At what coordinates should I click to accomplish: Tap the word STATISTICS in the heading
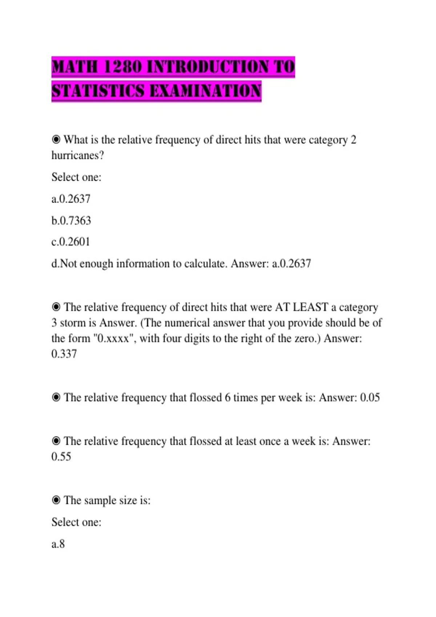tap(98, 91)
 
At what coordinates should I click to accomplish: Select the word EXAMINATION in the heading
tap(205, 91)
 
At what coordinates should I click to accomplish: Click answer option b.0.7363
tap(71, 220)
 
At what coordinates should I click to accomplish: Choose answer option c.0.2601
tap(71, 242)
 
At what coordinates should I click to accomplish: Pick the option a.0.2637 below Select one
tap(71, 199)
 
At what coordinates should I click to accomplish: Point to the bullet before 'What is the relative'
tap(56, 139)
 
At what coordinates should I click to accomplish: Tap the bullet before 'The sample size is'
tap(56, 500)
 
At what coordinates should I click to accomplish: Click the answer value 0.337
tap(64, 354)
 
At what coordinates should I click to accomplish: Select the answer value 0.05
tap(370, 397)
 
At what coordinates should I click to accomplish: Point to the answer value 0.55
tap(61, 457)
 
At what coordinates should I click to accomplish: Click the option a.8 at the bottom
tap(58, 544)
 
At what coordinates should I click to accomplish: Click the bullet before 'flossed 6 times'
tap(56, 397)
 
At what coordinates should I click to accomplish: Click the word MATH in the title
tap(75, 67)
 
